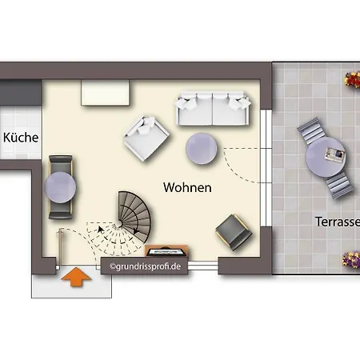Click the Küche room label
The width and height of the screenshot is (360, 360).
pyautogui.click(x=21, y=138)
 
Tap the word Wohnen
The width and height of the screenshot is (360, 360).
pyautogui.click(x=187, y=188)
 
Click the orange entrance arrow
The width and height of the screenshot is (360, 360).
pyautogui.click(x=74, y=277)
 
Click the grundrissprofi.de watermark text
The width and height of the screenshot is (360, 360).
pyautogui.click(x=144, y=266)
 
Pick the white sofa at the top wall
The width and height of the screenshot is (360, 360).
pyautogui.click(x=213, y=109)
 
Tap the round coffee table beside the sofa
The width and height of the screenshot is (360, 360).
pyautogui.click(x=203, y=147)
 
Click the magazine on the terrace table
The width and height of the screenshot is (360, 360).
pyautogui.click(x=334, y=152)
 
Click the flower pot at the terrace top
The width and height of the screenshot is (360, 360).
pyautogui.click(x=351, y=79)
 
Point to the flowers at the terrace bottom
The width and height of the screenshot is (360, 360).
pyautogui.click(x=350, y=259)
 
